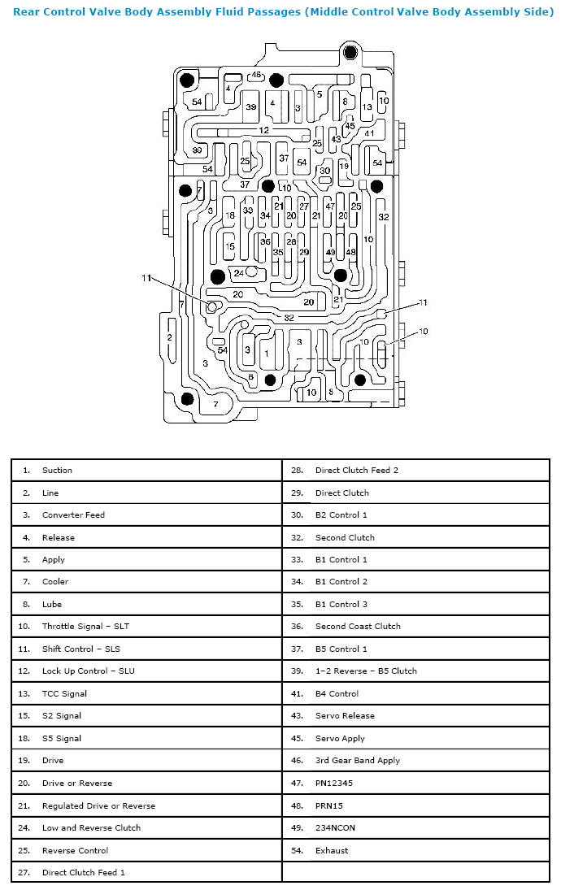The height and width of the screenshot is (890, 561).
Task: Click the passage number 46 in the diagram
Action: [257, 74]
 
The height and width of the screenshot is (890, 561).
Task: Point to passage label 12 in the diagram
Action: [264, 130]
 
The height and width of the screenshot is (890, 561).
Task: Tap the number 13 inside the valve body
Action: [367, 106]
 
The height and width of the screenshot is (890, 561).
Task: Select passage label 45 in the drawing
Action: [350, 126]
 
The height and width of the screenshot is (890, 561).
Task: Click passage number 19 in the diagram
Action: [344, 166]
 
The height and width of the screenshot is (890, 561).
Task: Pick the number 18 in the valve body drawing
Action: [230, 215]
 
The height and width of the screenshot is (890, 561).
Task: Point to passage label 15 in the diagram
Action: [230, 246]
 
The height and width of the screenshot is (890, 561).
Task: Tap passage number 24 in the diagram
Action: [239, 273]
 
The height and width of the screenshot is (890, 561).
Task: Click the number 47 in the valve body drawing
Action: [330, 206]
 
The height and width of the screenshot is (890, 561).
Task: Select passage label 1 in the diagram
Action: [267, 354]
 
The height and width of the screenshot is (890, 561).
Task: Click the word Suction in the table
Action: [58, 470]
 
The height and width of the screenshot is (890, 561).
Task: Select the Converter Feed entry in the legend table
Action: [73, 514]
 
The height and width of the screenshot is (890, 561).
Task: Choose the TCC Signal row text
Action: [64, 693]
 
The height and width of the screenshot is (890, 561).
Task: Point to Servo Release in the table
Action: [345, 716]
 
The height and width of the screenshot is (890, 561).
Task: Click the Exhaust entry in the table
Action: [332, 850]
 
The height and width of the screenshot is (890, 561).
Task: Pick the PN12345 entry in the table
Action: [334, 783]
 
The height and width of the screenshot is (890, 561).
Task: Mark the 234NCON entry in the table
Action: [335, 827]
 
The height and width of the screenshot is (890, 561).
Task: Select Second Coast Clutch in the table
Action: [358, 626]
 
